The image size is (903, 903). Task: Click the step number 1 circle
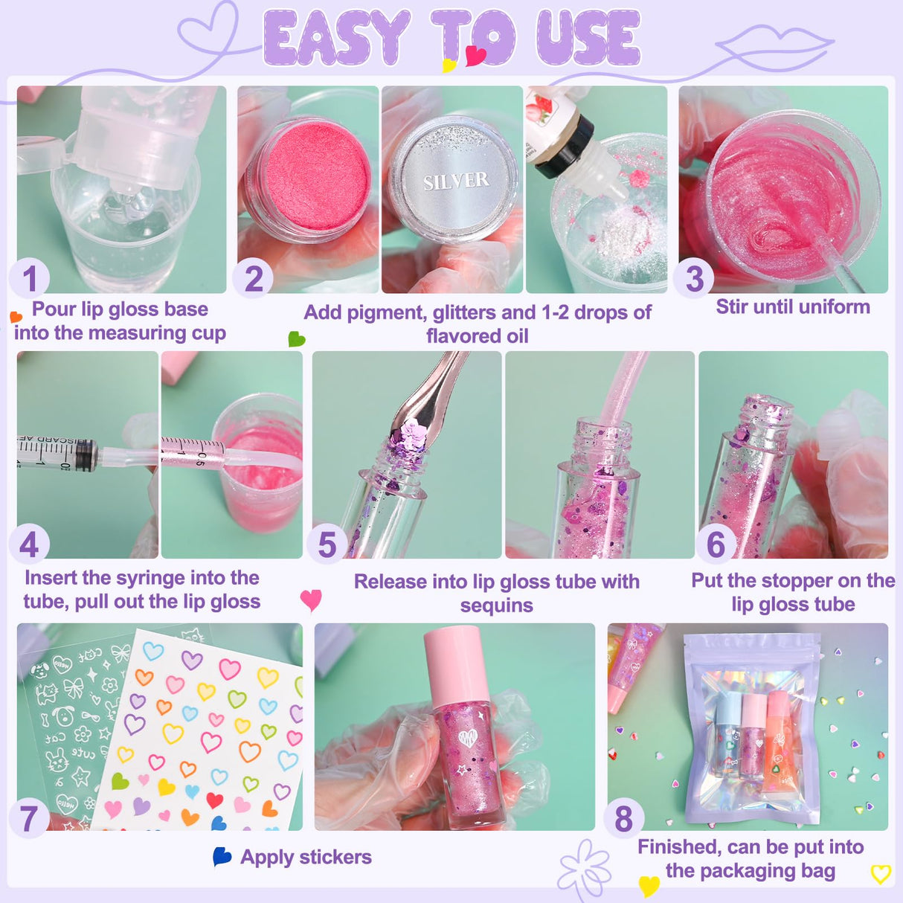click(29, 279)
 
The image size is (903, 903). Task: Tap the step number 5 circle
click(327, 544)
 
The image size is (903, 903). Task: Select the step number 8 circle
click(623, 818)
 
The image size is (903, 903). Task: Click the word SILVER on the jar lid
click(456, 181)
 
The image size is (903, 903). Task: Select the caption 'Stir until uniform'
click(793, 306)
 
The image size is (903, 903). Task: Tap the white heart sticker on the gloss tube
click(466, 739)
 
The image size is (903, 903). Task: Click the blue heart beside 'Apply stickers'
click(222, 856)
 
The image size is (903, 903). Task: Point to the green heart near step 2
click(296, 339)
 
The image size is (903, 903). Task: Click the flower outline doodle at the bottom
click(585, 869)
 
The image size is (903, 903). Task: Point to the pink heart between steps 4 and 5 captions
click(310, 599)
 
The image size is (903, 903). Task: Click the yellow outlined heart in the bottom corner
click(881, 874)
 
